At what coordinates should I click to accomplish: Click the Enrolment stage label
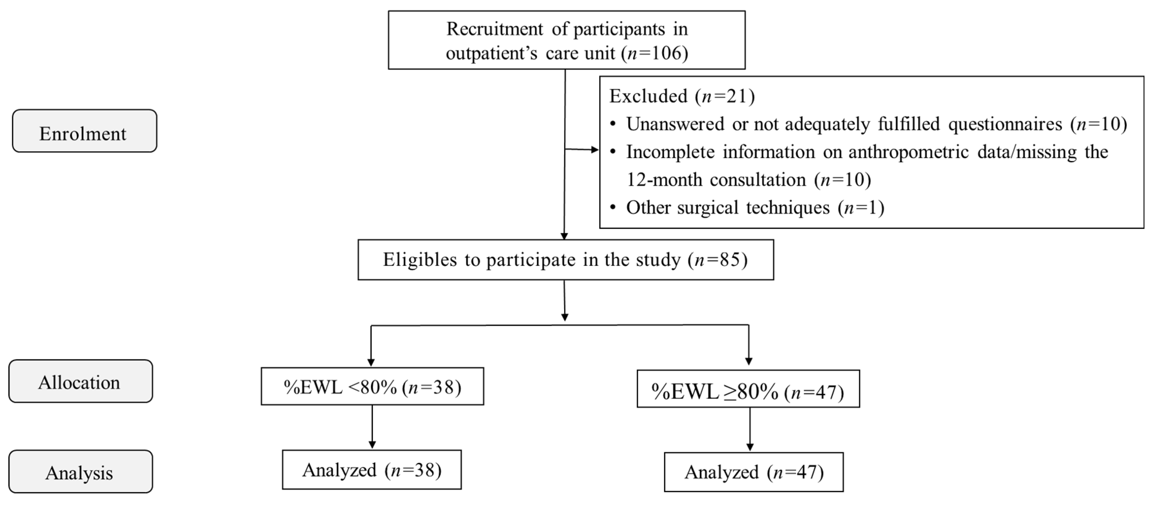tap(84, 131)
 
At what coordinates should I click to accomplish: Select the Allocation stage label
tap(80, 381)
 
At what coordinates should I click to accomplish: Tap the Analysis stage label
tap(80, 472)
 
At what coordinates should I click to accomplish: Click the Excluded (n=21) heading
tap(681, 96)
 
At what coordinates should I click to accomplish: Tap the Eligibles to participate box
tap(565, 260)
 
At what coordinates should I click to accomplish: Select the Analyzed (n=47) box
tap(753, 472)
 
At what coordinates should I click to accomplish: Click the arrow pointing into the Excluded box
tap(582, 149)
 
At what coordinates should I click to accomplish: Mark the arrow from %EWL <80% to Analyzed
tap(372, 427)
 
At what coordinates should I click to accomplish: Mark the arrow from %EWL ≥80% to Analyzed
tap(749, 429)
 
